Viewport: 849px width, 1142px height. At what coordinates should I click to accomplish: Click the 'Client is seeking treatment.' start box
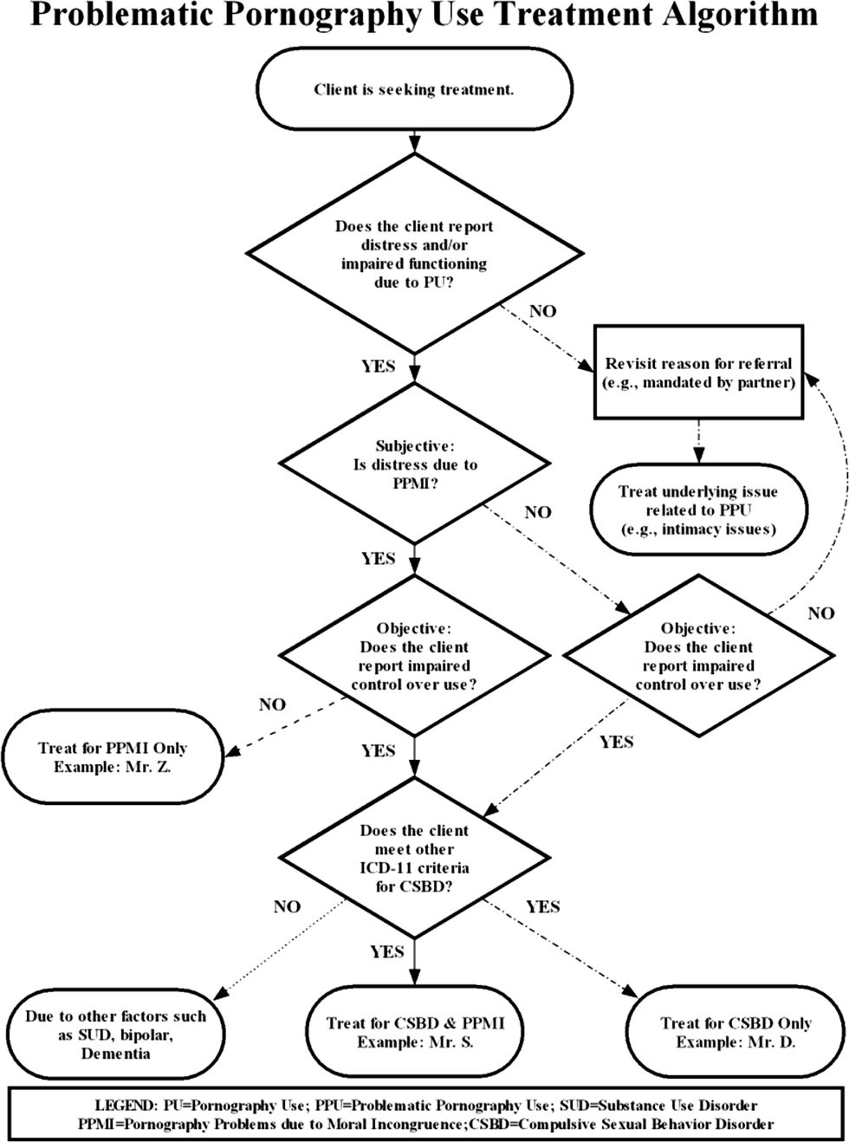414,89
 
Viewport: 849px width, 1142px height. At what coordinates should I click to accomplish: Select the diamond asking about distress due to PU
414,254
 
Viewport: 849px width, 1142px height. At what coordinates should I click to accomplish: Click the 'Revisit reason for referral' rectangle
698,373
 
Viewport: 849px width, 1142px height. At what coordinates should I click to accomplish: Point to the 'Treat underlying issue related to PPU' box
698,510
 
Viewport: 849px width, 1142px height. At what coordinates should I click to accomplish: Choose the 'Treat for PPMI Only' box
113,757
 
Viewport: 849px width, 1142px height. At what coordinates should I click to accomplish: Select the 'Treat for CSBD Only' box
736,1032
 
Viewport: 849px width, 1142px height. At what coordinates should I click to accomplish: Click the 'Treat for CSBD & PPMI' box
415,1032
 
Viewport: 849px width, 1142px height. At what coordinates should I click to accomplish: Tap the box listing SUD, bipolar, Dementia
115,1035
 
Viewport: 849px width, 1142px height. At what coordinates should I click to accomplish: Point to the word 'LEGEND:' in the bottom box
126,1106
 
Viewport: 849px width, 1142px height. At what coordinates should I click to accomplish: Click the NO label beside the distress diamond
542,311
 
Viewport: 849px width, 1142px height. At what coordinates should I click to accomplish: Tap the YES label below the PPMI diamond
378,559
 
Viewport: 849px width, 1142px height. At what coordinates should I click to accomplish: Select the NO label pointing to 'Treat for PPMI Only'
272,704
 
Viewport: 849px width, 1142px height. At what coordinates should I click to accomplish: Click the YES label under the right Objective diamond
616,742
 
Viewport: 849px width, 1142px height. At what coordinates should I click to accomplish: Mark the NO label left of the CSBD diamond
287,906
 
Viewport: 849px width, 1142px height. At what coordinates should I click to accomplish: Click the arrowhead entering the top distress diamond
414,146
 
